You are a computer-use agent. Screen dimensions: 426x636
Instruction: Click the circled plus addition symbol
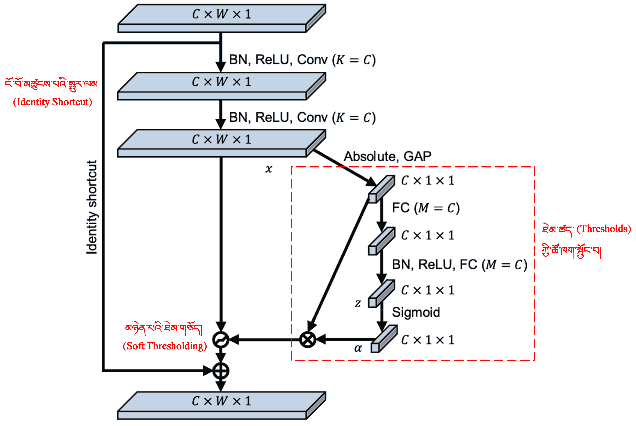click(x=221, y=371)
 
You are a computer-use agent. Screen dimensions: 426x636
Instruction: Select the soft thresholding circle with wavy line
click(x=221, y=340)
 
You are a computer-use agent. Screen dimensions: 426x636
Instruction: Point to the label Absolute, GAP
click(x=387, y=157)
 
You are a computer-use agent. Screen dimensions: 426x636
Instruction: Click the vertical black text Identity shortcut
click(x=92, y=207)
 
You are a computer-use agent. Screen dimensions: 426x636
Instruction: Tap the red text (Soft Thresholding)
click(x=165, y=346)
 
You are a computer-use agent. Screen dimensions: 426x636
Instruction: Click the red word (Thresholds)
click(x=603, y=229)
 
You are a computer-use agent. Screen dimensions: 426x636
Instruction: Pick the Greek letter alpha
click(x=358, y=348)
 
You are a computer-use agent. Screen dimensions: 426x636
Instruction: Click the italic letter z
click(x=358, y=303)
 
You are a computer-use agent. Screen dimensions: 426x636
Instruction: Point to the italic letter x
click(x=269, y=169)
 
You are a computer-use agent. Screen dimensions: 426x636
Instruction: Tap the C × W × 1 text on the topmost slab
click(x=222, y=14)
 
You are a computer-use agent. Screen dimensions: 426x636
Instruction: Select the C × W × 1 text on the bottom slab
click(x=222, y=401)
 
